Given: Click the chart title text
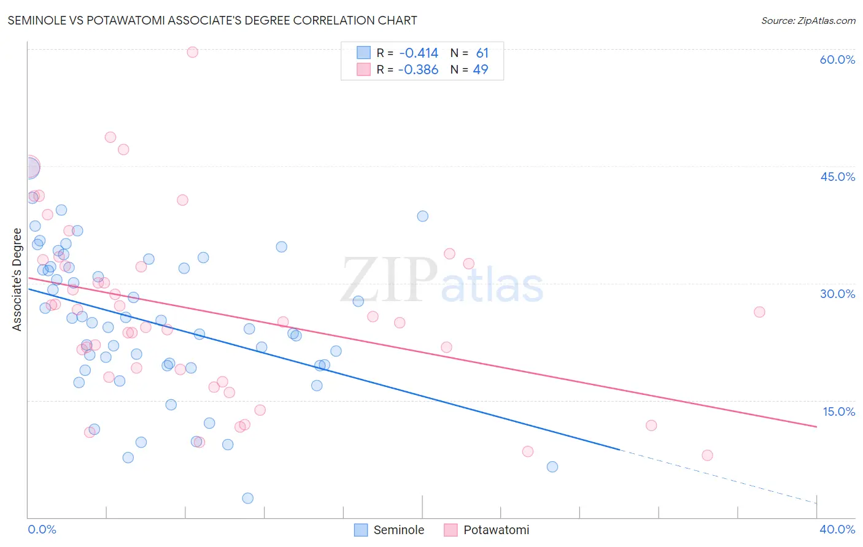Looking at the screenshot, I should click(x=212, y=20).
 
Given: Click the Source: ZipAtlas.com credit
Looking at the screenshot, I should click(x=808, y=20).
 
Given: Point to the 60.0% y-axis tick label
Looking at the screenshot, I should click(x=837, y=59).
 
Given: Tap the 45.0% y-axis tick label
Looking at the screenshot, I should click(x=837, y=177).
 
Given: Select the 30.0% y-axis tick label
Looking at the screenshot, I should click(x=837, y=294).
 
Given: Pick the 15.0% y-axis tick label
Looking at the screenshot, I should click(x=838, y=411).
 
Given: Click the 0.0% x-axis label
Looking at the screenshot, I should click(x=42, y=529).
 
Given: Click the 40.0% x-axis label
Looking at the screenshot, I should click(x=837, y=529).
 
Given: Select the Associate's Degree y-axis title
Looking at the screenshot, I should click(x=17, y=279).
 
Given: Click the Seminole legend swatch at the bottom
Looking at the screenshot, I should click(x=361, y=530).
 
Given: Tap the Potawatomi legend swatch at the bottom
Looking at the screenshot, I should click(x=451, y=530).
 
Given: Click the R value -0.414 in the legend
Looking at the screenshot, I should click(x=418, y=53).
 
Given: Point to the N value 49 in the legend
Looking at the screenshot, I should click(x=481, y=70).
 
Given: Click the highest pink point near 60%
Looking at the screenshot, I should click(x=192, y=52).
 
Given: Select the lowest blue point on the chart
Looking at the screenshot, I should click(x=247, y=498).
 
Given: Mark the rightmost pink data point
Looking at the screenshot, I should click(x=759, y=312).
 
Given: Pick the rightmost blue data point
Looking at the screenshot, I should click(x=552, y=467).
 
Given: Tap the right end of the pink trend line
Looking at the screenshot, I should click(x=816, y=426).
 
